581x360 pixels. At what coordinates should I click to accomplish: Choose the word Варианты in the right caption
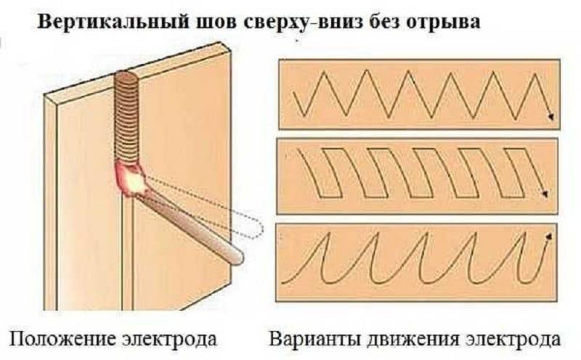(315, 339)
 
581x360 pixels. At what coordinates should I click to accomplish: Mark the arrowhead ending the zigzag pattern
(551, 116)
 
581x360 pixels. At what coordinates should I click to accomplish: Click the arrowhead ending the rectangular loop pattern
(546, 194)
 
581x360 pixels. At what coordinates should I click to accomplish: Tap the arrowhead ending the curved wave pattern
(549, 237)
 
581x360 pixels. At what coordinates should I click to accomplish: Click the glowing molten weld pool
(131, 179)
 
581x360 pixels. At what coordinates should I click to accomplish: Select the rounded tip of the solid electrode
(237, 258)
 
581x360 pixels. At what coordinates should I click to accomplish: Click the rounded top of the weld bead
(126, 75)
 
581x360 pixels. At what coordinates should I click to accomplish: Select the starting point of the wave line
(283, 282)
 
